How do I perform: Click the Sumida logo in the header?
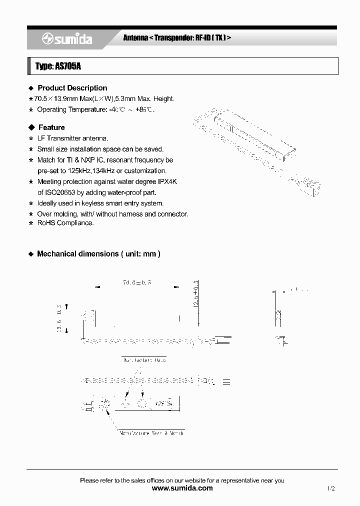tap(66, 39)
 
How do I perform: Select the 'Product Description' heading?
tap(72, 88)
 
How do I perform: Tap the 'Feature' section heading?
tap(51, 127)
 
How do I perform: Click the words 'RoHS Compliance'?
tap(65, 223)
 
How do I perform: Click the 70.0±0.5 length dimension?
tap(136, 283)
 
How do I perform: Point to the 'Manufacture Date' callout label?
tap(143, 360)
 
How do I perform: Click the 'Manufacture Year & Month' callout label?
tap(151, 433)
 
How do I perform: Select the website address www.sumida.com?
tap(182, 488)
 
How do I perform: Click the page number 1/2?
tap(330, 488)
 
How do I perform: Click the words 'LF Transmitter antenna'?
tap(72, 138)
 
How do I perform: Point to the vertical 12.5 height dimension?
tap(196, 295)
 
